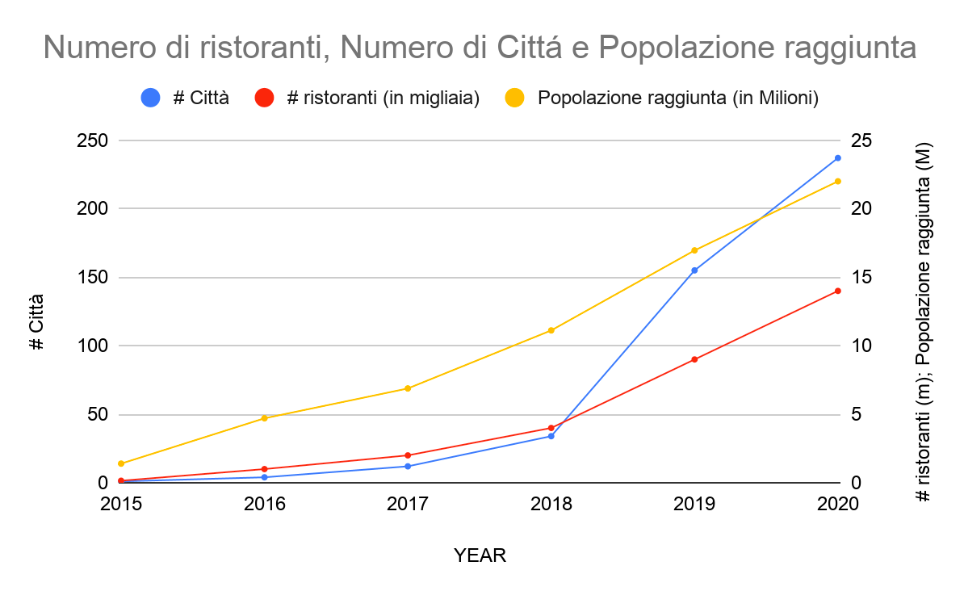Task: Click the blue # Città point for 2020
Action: [837, 158]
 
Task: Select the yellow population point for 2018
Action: [551, 330]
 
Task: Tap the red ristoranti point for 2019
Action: [694, 359]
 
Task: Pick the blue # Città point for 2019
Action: [694, 270]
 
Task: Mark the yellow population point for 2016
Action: [265, 418]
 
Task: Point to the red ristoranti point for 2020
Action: [837, 291]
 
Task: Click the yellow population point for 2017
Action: [408, 388]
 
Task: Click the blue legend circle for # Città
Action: [151, 98]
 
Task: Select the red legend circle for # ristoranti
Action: [265, 98]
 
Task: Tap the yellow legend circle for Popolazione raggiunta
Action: [514, 98]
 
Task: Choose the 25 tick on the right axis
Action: [861, 140]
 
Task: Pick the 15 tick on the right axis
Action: [861, 278]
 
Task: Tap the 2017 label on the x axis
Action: [408, 505]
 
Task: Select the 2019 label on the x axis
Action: [694, 505]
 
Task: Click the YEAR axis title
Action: [480, 555]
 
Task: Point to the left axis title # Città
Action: [36, 321]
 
